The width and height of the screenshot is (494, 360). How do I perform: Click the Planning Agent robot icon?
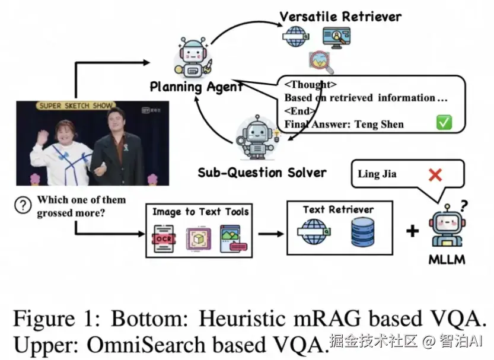(x=192, y=57)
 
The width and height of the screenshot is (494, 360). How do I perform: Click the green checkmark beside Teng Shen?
(x=444, y=123)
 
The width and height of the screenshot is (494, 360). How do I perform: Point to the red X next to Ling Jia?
(x=435, y=174)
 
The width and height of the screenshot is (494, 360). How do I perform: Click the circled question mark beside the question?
(x=23, y=205)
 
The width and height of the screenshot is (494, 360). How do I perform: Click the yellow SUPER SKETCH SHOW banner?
(x=75, y=106)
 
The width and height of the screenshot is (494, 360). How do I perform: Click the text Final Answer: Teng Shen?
(x=344, y=124)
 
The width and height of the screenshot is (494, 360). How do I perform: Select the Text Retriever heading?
(x=338, y=209)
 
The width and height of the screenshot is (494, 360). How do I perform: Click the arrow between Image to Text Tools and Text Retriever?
(x=270, y=232)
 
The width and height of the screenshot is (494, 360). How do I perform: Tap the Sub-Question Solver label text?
(x=262, y=173)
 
